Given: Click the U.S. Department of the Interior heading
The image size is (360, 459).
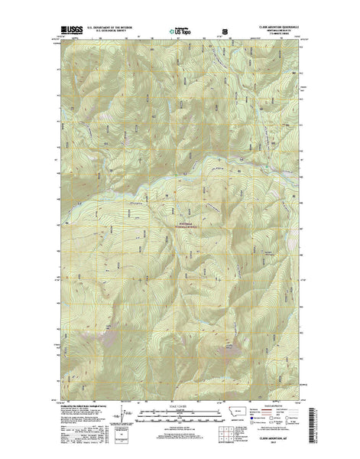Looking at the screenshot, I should coord(112,27).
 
